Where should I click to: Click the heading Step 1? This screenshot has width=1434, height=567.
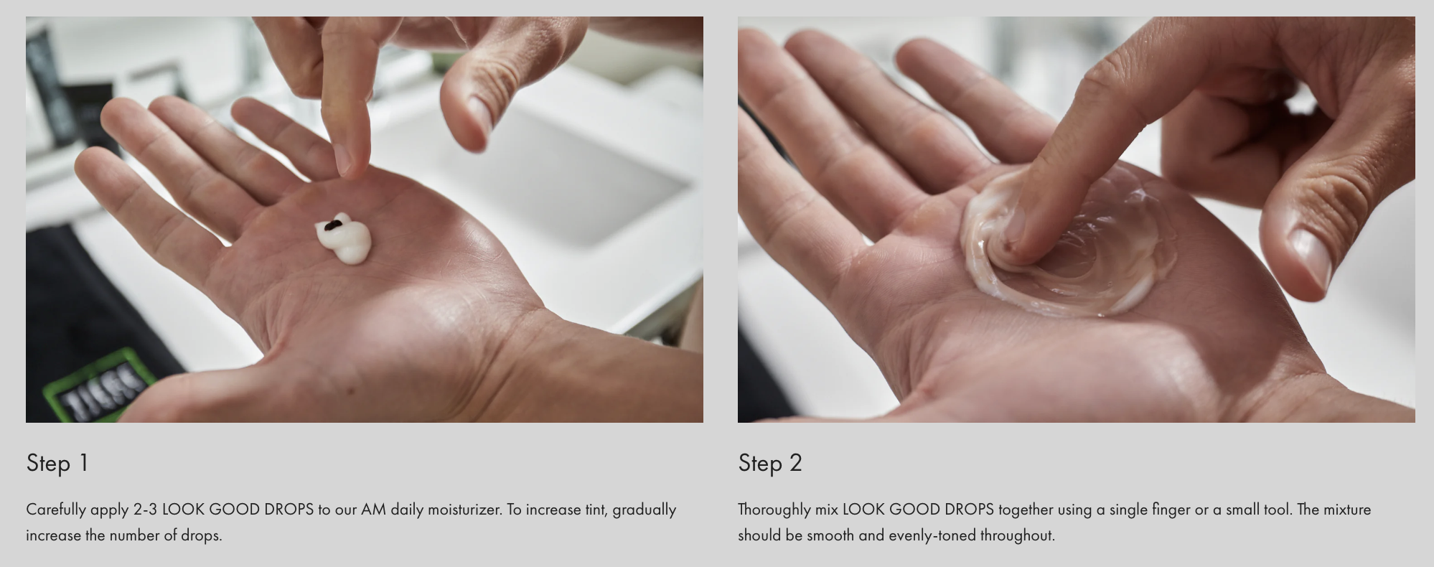pyautogui.click(x=57, y=463)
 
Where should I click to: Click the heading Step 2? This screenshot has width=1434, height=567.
pyautogui.click(x=770, y=463)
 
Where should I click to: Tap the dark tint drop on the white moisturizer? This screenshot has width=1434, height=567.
pyautogui.click(x=332, y=226)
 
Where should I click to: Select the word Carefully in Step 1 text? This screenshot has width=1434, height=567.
pyautogui.click(x=56, y=510)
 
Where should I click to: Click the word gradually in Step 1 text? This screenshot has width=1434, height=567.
pyautogui.click(x=644, y=510)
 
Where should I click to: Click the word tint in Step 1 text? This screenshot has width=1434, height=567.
pyautogui.click(x=595, y=510)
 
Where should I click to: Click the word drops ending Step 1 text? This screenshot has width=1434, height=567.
pyautogui.click(x=201, y=535)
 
